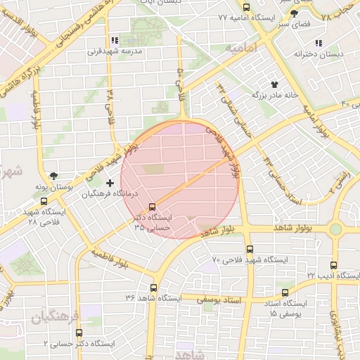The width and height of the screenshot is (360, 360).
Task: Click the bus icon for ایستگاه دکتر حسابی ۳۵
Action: coord(152,206)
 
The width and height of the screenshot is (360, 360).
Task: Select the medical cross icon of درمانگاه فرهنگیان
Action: coord(109,183)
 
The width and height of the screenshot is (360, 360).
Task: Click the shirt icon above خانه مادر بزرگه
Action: coord(285,84)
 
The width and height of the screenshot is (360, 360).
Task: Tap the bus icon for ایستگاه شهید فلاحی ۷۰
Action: coord(250,250)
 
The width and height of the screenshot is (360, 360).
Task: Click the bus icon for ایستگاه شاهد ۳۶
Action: coord(153,288)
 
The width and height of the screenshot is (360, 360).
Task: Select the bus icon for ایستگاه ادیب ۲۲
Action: coord(333,265)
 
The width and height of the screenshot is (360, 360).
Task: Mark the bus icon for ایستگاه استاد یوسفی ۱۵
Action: coord(285,292)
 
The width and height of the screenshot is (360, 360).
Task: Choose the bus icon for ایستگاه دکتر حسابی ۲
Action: coord(77,334)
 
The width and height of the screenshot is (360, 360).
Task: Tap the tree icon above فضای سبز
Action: coord(293,13)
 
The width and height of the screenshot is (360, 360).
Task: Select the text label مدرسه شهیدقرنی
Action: coord(115,51)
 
